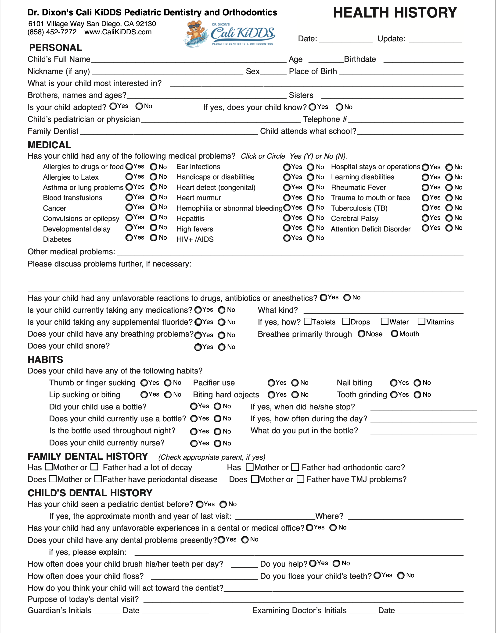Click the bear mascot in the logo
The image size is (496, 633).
195,34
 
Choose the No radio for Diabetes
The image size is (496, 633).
154,238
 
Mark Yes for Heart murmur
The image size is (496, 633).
287,198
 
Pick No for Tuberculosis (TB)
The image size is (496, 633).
449,208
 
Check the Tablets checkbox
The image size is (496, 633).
307,321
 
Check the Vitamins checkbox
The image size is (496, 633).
421,321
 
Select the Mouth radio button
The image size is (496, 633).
394,334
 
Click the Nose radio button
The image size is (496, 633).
361,334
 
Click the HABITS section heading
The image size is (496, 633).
45,360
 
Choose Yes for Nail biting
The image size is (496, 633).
394,383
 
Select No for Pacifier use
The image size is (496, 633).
295,383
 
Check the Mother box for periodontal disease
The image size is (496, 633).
53,479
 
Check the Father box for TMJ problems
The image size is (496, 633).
300,479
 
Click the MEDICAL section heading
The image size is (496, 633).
49,145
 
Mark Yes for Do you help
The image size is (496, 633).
313,563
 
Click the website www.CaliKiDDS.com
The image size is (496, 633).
118,32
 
